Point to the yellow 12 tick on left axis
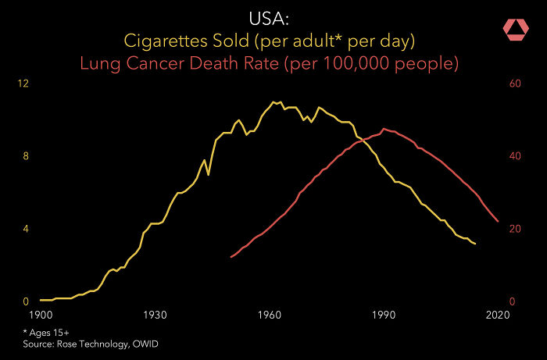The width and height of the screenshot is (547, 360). [23, 84]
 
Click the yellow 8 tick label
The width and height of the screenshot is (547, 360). [26, 156]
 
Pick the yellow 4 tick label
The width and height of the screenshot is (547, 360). [26, 229]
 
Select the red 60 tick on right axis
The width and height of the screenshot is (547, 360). [515, 84]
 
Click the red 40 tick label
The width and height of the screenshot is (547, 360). [515, 156]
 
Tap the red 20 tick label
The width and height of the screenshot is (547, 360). [515, 229]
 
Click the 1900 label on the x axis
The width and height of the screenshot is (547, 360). [40, 315]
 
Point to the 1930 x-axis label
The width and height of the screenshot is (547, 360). [155, 315]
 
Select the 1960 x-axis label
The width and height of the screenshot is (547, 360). [269, 315]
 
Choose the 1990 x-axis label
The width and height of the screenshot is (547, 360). [383, 315]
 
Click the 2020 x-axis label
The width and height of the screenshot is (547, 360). [498, 315]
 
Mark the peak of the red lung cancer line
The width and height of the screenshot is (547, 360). [384, 129]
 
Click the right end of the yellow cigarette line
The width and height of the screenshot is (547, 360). [475, 244]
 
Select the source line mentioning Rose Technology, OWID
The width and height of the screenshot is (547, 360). [95, 344]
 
